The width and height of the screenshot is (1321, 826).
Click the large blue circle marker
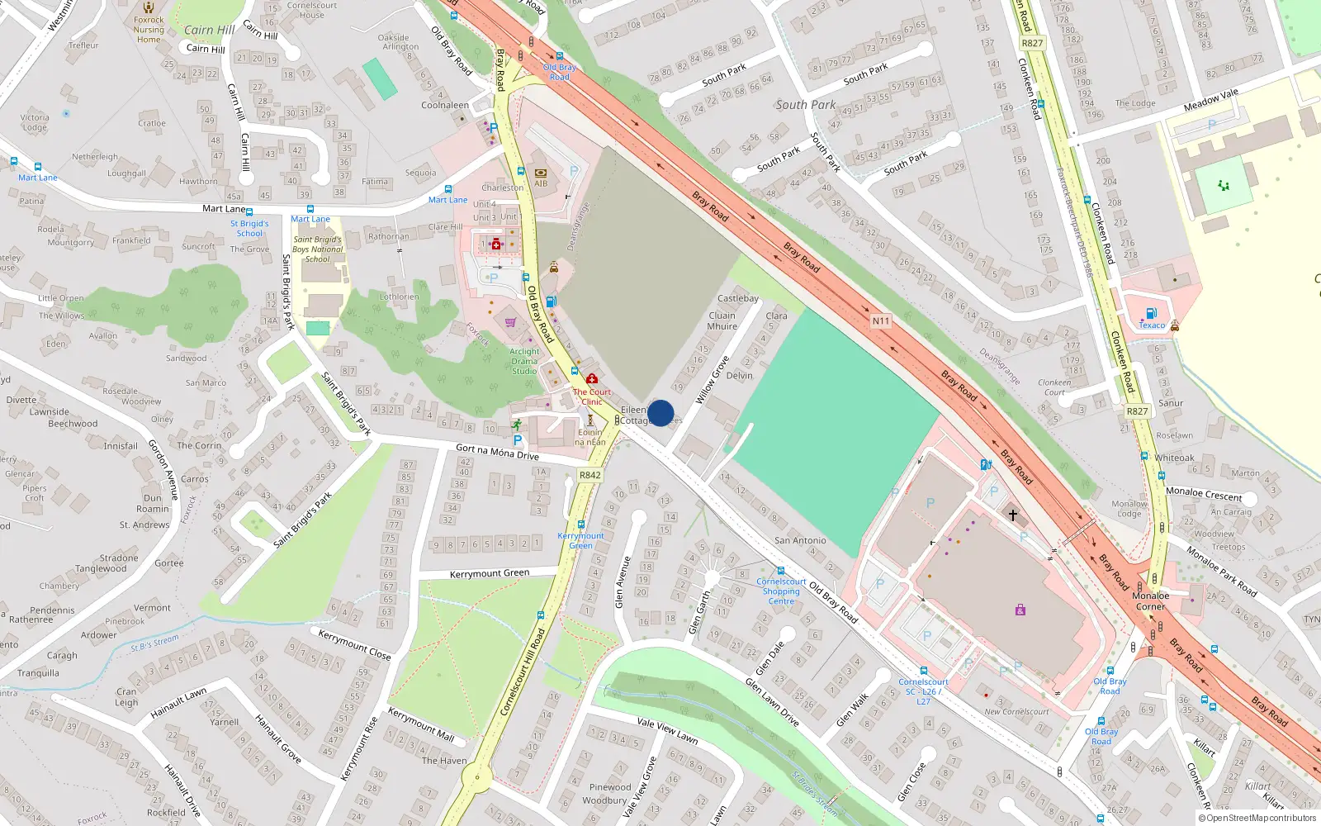point(660,413)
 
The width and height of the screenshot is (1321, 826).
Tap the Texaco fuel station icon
point(1152,313)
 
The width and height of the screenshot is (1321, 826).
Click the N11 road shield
point(881,320)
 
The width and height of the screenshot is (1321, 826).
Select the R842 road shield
point(590,475)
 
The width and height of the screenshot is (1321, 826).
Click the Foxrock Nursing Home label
point(149,29)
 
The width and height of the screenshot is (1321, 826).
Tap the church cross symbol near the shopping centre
point(1013,515)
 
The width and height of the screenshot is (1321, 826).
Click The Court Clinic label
point(592,397)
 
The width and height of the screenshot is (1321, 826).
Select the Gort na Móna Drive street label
point(497,452)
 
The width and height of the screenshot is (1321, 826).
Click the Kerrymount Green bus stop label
point(580,540)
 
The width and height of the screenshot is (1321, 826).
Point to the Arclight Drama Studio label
point(524,361)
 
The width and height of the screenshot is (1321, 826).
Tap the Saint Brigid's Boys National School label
point(317,249)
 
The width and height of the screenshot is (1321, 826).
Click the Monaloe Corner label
point(1150,601)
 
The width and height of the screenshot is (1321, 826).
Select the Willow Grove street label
point(712,380)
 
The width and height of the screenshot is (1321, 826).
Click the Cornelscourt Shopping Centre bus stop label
point(781,591)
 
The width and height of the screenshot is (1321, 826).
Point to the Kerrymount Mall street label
point(421,724)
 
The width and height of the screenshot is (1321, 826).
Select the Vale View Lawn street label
point(667,731)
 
